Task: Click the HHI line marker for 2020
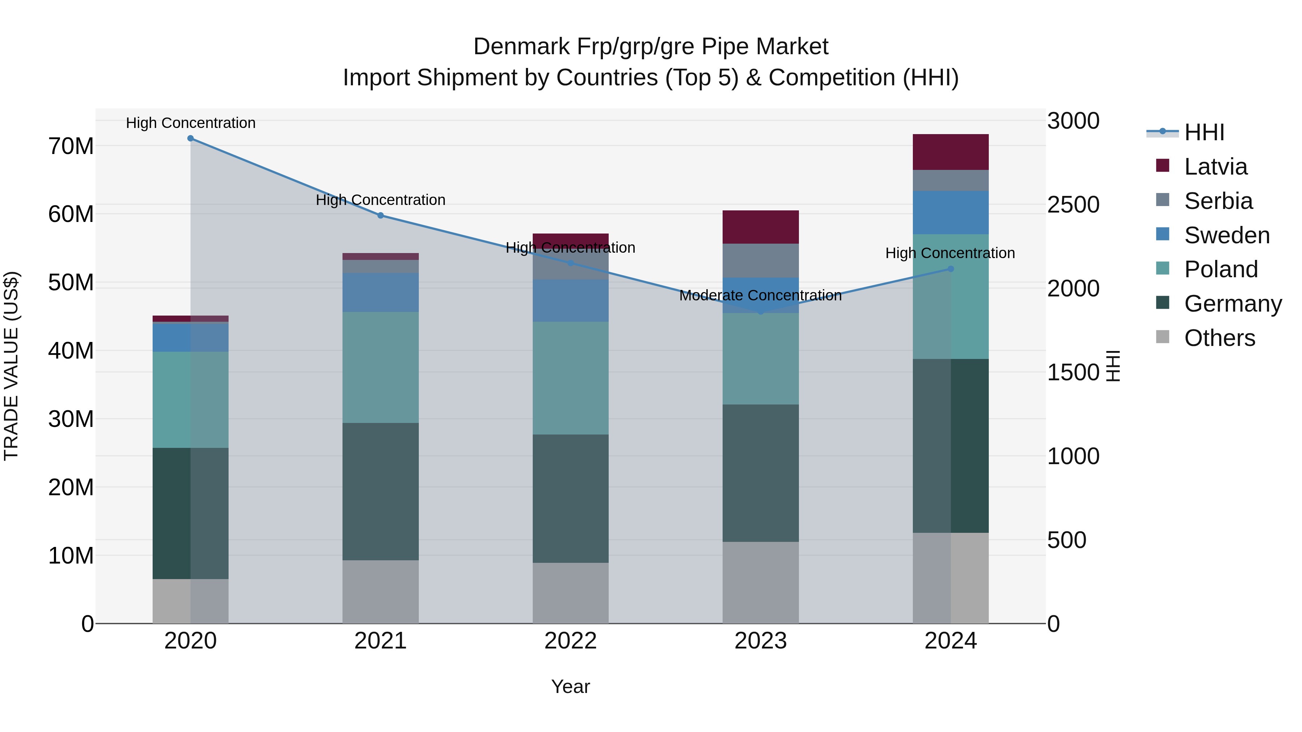(191, 138)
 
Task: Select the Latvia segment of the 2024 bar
(950, 152)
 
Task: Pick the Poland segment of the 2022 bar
(571, 378)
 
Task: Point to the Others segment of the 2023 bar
(761, 582)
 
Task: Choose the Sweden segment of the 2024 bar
(950, 213)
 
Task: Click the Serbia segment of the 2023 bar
(761, 261)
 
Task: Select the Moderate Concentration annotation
(760, 296)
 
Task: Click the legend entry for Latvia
(1215, 167)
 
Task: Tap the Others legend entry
(1219, 338)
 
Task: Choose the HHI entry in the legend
(1204, 132)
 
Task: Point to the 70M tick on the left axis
(71, 146)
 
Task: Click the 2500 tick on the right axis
(1073, 205)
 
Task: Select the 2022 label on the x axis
(571, 641)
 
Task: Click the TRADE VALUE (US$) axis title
(11, 366)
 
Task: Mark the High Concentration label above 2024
(950, 253)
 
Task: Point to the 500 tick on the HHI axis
(1067, 540)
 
